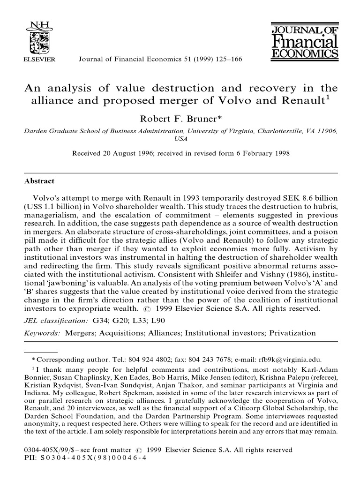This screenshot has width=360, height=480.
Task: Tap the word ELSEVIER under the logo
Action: tap(39, 60)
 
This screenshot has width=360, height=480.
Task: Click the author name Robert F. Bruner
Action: tap(180, 119)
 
